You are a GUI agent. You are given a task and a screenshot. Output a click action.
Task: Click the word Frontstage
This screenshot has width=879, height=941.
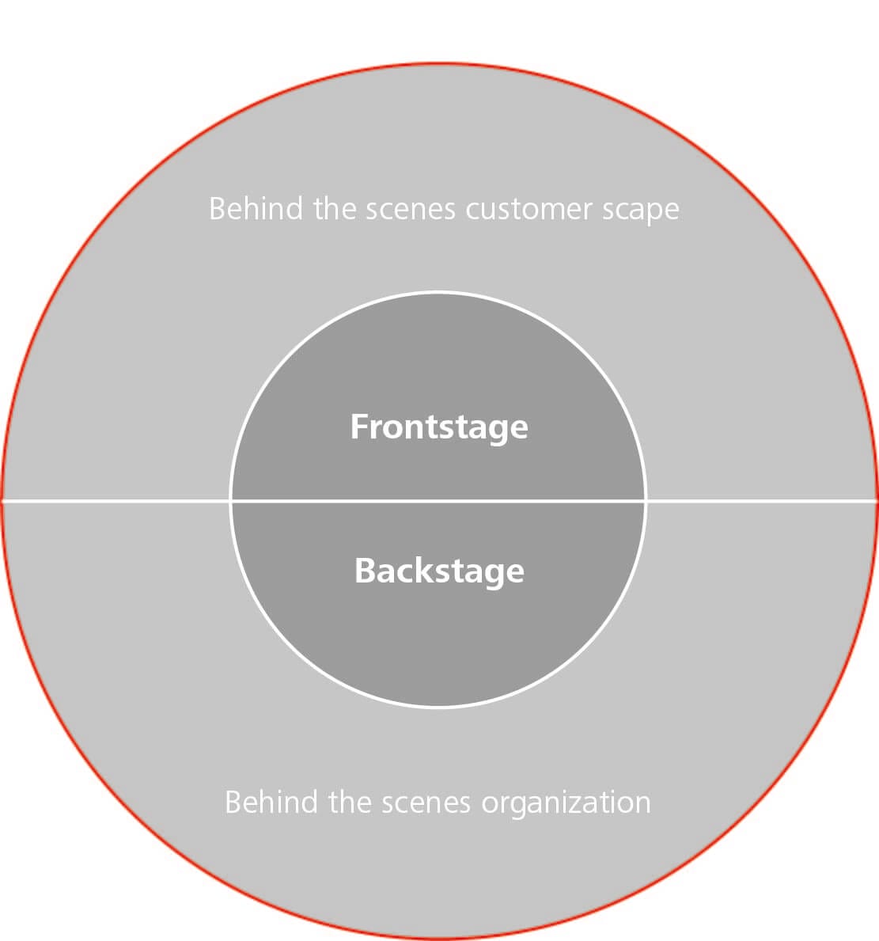439,427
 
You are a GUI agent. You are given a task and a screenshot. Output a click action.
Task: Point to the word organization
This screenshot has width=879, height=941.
566,803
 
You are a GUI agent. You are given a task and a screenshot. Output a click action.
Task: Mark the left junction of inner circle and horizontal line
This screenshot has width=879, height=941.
230,501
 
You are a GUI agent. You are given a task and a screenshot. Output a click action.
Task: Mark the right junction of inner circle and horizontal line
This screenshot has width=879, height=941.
646,501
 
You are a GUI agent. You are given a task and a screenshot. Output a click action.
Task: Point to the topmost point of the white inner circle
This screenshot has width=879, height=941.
438,293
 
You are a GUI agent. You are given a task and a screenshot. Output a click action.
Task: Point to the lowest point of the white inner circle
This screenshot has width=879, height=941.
438,707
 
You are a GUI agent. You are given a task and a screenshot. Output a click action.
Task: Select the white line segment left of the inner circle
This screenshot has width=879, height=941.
116,501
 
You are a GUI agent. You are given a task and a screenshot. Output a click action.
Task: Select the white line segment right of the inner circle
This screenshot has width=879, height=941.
761,501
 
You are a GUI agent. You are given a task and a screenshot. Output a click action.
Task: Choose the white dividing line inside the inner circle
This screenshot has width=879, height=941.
438,501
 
